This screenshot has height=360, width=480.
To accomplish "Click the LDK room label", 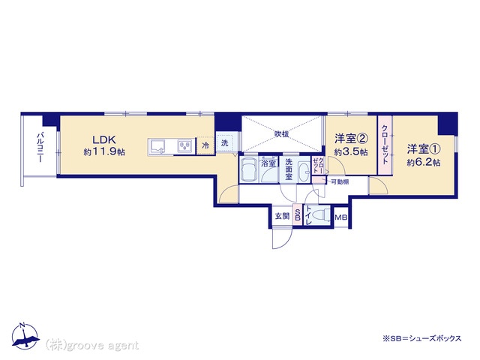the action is pos(104,140).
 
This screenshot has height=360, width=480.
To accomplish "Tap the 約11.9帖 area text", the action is pos(104,151).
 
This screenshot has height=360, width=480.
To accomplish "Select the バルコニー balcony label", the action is pos(40,147).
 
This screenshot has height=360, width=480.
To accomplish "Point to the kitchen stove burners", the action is pos(185,145).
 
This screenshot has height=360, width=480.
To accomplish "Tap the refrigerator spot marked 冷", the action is pos(205,145).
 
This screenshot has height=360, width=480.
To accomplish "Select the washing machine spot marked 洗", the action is pos(225,142).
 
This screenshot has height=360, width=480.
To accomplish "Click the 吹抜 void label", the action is pos(282,133).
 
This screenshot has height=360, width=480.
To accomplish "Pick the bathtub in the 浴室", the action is pos(249,170).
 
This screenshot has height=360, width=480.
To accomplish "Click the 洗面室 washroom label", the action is pos(289,169).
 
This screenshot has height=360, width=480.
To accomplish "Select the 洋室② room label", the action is pos(351,139).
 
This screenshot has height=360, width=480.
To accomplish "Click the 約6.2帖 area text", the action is pos(424,162).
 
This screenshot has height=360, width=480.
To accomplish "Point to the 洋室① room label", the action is pos(424,149).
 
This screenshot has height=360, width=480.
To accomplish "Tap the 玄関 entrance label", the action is pos(282,216).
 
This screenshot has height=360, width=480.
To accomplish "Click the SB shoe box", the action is pos(297,215).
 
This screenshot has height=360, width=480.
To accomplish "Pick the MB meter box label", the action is pos(341,217).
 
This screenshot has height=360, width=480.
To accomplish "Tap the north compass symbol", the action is pos(25,335).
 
